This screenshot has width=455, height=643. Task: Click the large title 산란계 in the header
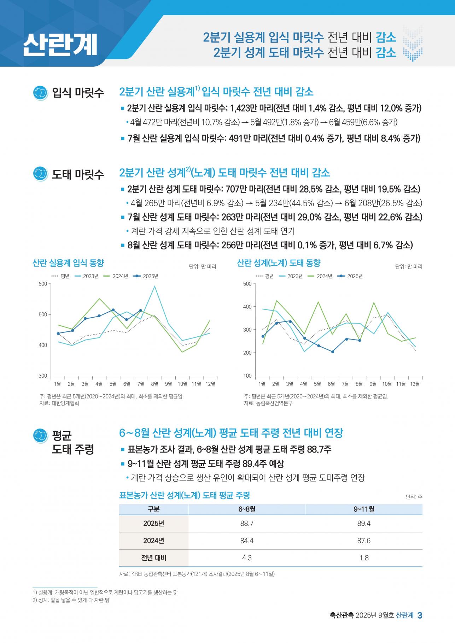tap(60, 45)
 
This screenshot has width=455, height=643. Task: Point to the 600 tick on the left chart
tap(43, 284)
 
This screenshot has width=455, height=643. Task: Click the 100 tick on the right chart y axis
tap(247, 376)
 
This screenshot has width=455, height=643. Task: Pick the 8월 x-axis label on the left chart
tap(154, 384)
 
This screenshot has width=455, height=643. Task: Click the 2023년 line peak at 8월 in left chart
tap(154, 286)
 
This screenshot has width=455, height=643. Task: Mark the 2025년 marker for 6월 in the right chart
tap(332, 352)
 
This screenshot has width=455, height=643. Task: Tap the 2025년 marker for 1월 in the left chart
tap(58, 334)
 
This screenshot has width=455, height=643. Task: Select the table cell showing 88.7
tap(247, 524)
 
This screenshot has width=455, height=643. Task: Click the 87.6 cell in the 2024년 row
tap(364, 541)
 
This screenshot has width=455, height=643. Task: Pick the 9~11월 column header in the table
tap(364, 509)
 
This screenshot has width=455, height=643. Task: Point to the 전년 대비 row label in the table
tap(154, 558)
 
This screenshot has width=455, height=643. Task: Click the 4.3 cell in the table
tap(247, 558)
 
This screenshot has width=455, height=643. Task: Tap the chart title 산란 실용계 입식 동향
tap(68, 263)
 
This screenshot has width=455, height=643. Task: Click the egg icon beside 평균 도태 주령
tap(40, 436)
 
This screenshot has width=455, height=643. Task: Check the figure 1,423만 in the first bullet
tap(244, 108)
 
